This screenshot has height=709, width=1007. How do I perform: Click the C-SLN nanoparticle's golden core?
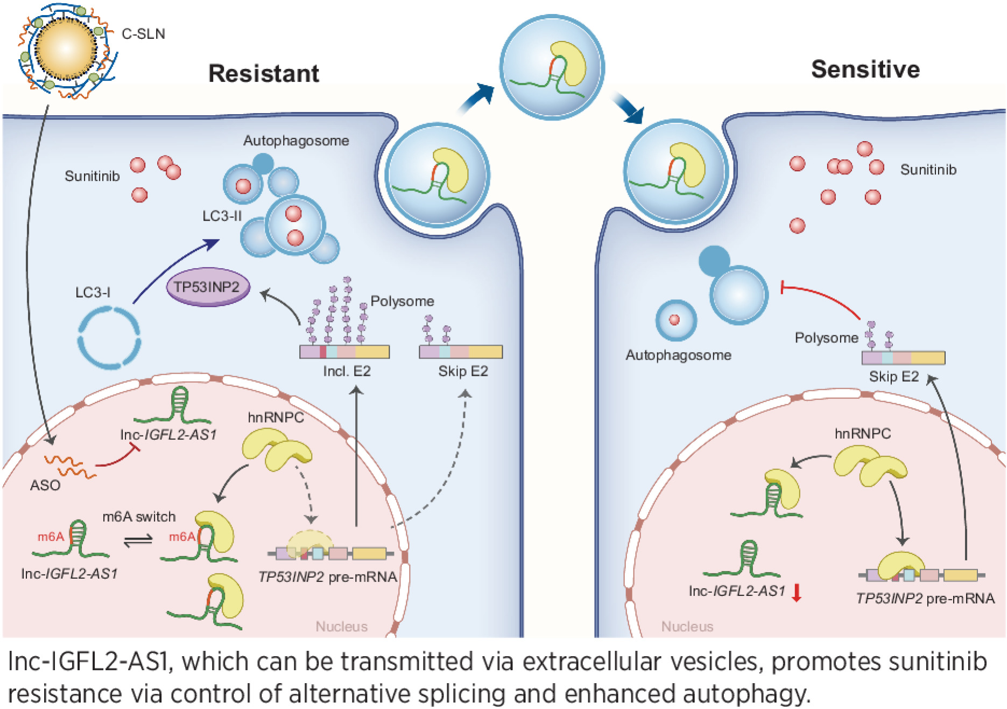click(x=66, y=48)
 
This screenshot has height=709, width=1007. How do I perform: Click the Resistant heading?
click(x=263, y=74)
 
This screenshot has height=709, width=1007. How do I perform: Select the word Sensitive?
click(x=865, y=69)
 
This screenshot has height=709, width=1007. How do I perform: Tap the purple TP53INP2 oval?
click(x=207, y=287)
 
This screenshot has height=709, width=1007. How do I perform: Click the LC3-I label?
click(x=93, y=292)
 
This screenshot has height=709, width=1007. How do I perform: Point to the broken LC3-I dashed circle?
click(x=109, y=338)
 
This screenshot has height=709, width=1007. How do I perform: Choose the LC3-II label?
click(x=222, y=216)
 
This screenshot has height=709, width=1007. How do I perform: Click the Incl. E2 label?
click(x=347, y=371)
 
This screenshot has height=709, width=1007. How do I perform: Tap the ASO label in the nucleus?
click(x=45, y=485)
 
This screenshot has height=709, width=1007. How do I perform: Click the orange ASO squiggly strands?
click(x=70, y=466)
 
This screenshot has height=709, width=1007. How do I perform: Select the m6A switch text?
click(x=139, y=517)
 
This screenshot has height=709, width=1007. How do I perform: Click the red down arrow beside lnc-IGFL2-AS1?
click(x=797, y=592)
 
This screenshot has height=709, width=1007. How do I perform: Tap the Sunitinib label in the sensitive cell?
click(x=928, y=170)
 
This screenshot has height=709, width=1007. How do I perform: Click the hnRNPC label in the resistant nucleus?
click(x=276, y=417)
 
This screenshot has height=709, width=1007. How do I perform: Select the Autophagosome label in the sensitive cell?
click(x=678, y=355)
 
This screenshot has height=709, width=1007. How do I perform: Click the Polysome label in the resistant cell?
click(x=402, y=301)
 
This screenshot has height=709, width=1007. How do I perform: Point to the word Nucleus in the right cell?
click(x=687, y=626)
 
